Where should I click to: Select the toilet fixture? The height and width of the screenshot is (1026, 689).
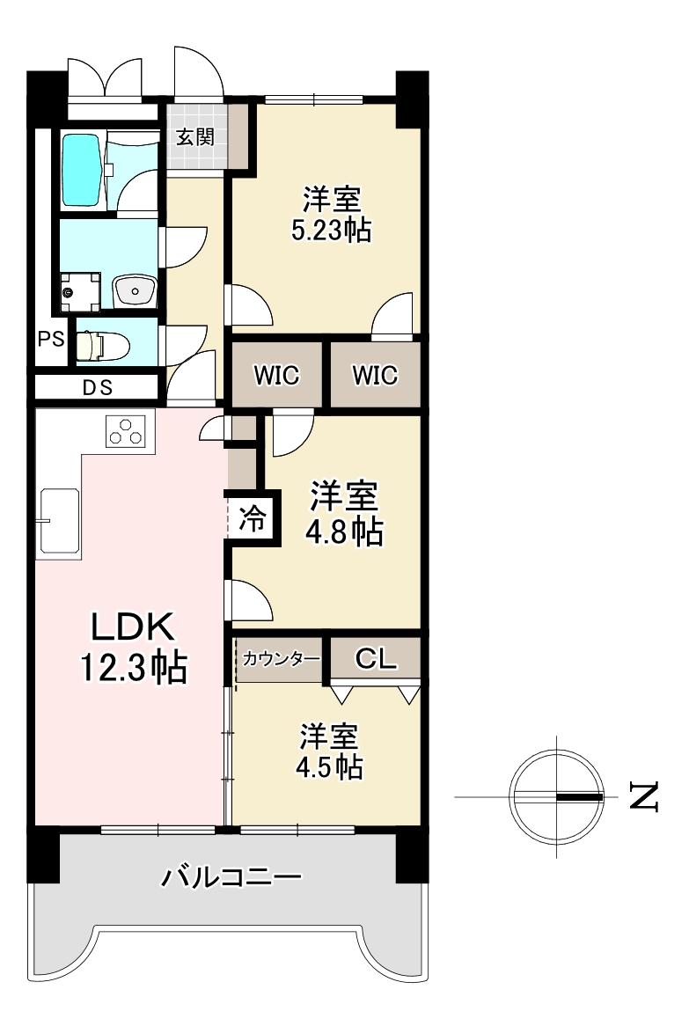100,346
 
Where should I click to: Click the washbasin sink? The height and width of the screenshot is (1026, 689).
136,289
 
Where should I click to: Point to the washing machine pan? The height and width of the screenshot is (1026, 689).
80,289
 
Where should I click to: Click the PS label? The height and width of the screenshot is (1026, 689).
50,339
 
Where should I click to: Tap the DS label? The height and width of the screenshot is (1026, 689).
98,387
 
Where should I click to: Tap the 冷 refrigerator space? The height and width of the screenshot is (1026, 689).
252,518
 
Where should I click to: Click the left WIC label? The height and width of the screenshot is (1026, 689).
276,376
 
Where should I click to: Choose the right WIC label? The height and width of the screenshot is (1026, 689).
375,376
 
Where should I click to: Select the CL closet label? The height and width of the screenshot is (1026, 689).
376,658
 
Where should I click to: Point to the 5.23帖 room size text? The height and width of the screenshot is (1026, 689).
331,231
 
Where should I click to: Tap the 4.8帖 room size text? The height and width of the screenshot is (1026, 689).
344,532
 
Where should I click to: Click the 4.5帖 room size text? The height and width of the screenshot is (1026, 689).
329,767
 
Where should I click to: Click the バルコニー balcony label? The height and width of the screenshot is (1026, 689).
231,876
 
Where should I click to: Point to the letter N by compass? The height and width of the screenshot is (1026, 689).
643,796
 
